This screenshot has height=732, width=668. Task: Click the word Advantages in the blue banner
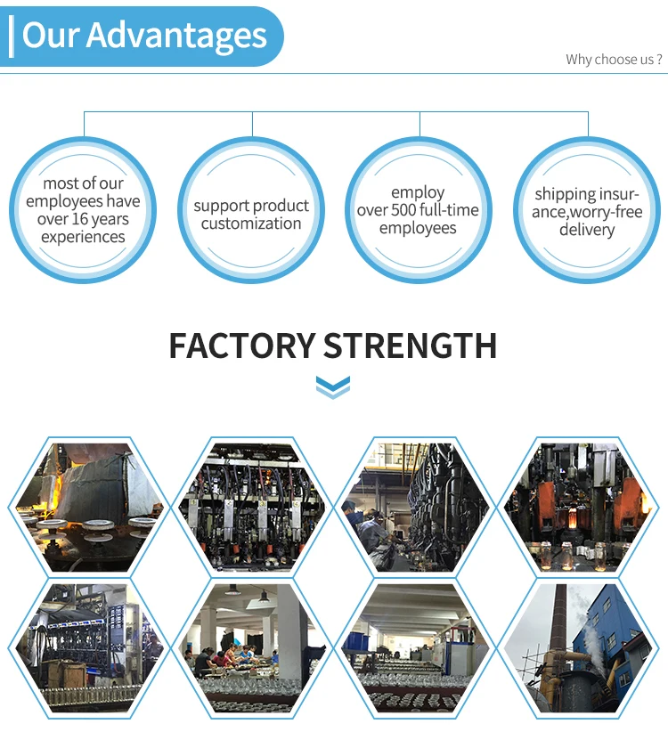pos(176,36)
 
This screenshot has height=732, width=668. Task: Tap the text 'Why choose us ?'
pos(614,60)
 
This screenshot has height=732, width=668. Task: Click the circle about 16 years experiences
pos(83,210)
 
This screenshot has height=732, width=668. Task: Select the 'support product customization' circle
pos(251,211)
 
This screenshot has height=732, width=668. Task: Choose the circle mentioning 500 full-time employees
pos(418,211)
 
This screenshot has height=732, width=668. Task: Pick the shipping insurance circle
pos(587,211)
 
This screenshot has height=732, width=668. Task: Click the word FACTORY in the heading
pos(241,346)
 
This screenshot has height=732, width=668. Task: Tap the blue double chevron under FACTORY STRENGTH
pos(333,387)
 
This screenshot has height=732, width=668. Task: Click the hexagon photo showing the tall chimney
pos(580,647)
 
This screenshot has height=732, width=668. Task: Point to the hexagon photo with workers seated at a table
pos(249,647)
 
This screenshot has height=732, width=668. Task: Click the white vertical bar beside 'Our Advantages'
pos(11,37)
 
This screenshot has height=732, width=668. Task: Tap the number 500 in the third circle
pos(410,210)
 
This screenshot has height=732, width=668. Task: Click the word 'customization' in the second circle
pos(251,224)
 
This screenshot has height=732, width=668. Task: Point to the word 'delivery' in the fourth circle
pos(587,230)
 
